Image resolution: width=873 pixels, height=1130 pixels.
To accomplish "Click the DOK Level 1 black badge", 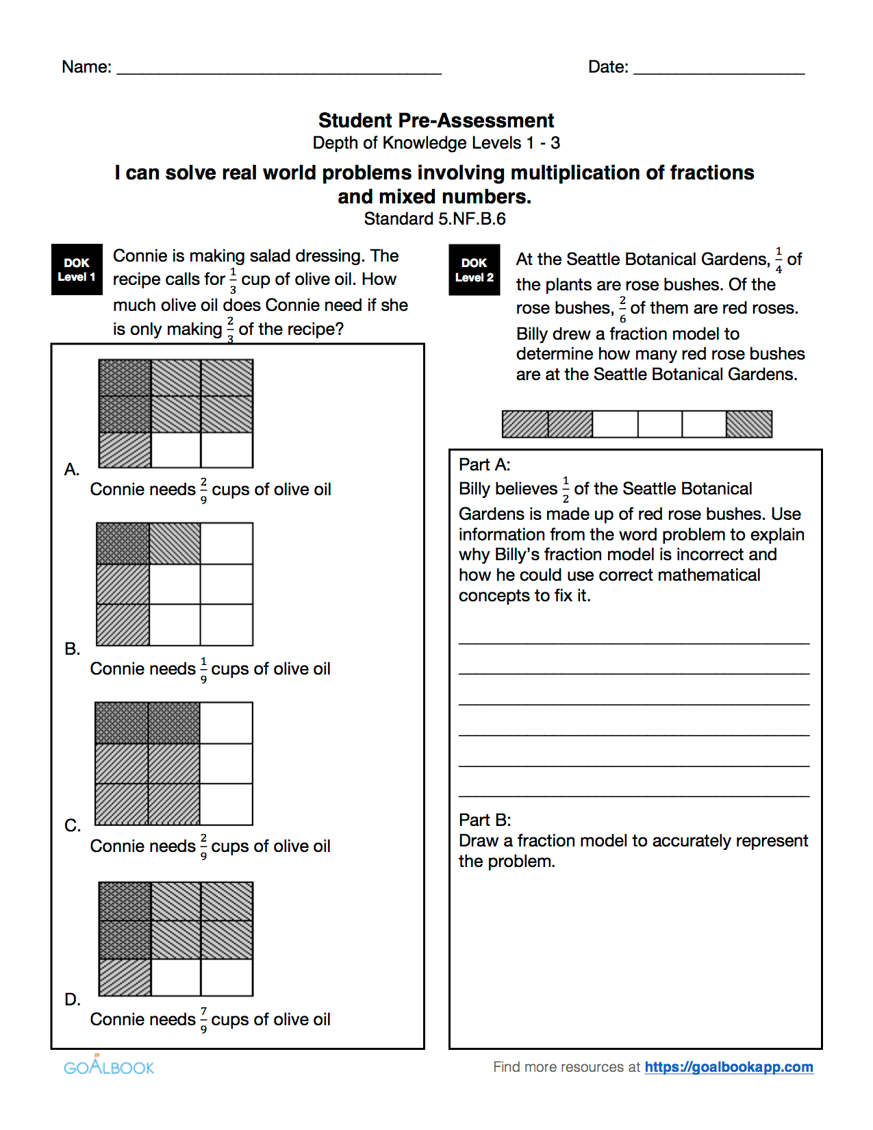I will point(77,270).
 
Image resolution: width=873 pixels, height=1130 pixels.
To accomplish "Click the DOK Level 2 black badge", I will point(474,270).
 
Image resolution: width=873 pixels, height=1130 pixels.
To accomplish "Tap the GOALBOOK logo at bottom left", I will point(109,1066).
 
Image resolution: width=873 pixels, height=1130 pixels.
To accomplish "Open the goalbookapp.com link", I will point(729,1067).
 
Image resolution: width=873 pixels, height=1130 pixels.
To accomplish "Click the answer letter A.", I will point(72,470).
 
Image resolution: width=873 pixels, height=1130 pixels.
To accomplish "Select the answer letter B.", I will point(72,649).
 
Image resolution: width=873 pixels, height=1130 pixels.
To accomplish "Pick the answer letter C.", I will point(72,826).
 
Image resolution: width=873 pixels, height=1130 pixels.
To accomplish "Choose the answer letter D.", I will point(72,1000).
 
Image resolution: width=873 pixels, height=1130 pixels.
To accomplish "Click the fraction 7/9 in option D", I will point(203,1020).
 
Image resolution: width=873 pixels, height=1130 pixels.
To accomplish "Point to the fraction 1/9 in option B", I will point(203,669).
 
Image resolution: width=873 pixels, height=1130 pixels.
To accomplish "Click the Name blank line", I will point(279,68).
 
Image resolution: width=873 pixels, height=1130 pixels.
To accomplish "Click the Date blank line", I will point(718,68).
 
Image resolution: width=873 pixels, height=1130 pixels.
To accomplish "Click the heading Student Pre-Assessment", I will point(436,121).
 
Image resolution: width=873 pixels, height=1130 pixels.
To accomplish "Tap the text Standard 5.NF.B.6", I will point(435,219).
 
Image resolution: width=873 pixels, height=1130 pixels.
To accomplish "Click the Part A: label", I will point(484,465).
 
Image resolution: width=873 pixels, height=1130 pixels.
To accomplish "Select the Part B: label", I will point(484,820).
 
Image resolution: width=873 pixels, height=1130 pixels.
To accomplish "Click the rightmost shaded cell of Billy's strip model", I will point(748,424).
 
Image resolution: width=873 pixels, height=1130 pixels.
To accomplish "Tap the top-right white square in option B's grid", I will point(227,544).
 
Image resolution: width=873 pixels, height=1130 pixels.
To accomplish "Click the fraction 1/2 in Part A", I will point(566,490).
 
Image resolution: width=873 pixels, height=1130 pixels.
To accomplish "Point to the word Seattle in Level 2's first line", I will point(594,260).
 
